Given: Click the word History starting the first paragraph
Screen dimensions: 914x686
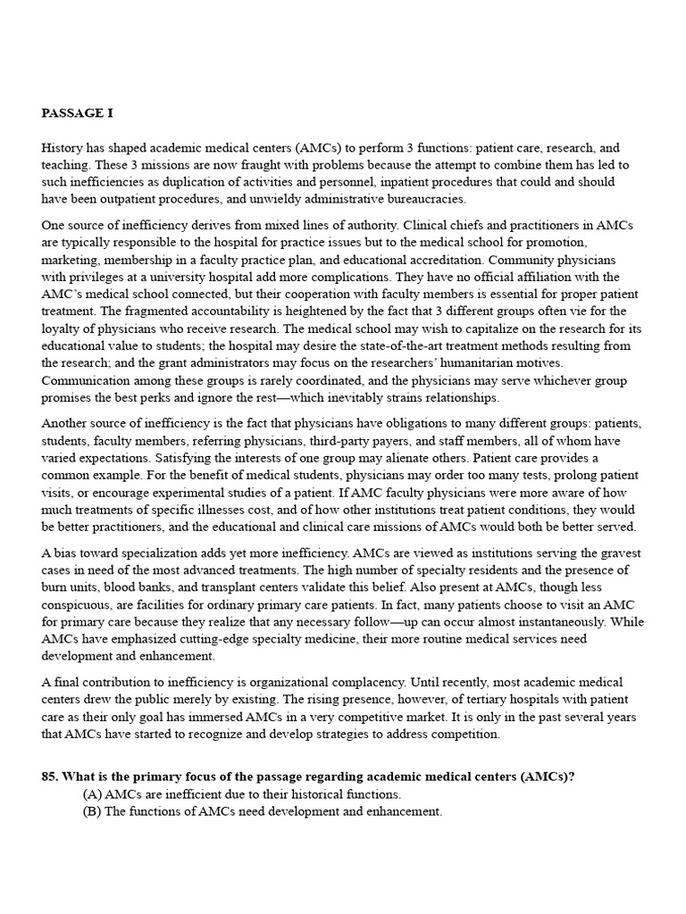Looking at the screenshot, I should [x=63, y=148].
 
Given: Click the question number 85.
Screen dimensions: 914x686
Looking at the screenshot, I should [x=51, y=777].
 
